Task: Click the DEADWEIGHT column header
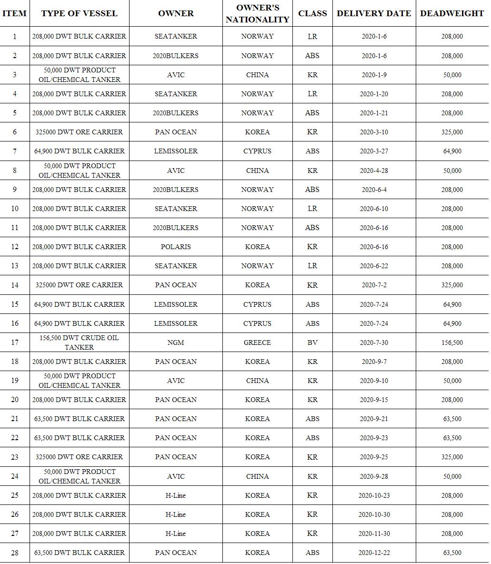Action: coord(451,13)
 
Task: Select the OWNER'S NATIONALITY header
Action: coord(257,13)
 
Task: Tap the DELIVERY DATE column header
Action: coord(374,13)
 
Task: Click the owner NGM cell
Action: coord(176,342)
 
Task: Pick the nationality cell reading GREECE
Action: coord(257,342)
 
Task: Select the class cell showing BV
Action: coord(312,342)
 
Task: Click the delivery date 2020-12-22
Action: coord(374,553)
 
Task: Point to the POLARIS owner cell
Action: coord(176,247)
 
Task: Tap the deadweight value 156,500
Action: coord(451,342)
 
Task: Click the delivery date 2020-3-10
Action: coord(374,132)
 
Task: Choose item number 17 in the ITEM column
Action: coord(15,342)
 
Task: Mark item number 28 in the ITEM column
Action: coord(15,553)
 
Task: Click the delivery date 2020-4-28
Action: coord(374,171)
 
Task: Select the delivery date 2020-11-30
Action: coord(374,534)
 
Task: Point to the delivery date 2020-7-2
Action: coord(374,285)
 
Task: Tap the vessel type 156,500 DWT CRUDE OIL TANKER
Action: coord(79,342)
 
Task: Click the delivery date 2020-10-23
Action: coord(374,495)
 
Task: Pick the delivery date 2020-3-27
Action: coord(374,151)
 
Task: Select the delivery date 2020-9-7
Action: coord(374,362)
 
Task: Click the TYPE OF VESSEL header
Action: coord(79,13)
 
